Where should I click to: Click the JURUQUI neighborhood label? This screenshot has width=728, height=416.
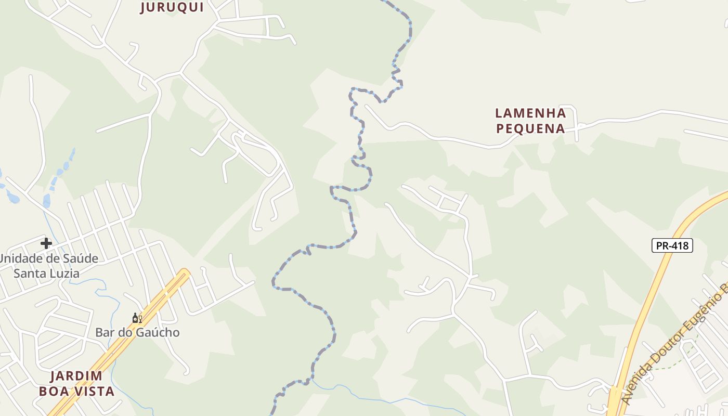[x=172, y=7]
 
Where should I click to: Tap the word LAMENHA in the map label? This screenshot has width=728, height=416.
[x=530, y=113]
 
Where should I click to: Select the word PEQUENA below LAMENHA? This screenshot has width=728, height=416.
[x=530, y=128]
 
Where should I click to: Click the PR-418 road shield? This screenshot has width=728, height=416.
[x=672, y=245]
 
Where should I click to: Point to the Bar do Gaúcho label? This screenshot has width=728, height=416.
[x=137, y=332]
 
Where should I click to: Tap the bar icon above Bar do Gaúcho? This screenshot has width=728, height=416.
[x=137, y=318]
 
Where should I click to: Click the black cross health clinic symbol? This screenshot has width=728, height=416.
[x=46, y=243]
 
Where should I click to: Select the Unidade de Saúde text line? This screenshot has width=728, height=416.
[x=49, y=258]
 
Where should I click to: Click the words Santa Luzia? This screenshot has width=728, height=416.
[x=46, y=273]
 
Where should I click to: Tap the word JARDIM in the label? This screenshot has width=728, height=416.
[x=76, y=376]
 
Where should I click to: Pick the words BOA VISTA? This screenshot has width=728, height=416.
[x=76, y=391]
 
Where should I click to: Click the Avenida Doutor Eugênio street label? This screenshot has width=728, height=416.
[x=676, y=343]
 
